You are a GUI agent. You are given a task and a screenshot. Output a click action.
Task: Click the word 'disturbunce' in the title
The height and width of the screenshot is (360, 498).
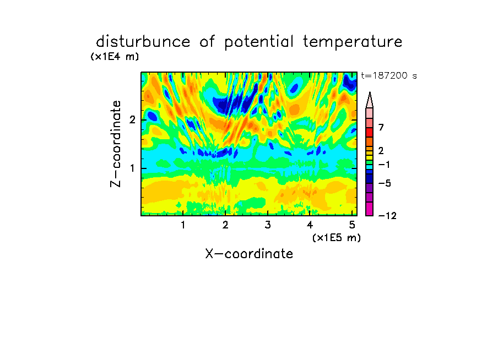(143, 42)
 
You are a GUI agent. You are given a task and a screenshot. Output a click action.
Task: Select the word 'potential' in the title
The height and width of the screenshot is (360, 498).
(259, 42)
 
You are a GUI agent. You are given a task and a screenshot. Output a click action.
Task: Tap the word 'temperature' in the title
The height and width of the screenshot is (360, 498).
(353, 42)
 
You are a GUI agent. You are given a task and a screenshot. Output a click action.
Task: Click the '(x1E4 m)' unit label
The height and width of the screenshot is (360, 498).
(115, 57)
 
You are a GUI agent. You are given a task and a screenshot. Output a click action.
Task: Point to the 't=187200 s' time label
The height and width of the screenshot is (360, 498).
(389, 75)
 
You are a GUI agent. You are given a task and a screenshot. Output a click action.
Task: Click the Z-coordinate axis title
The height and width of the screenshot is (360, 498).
(116, 144)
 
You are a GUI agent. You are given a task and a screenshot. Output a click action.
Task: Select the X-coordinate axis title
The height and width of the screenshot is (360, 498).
(249, 254)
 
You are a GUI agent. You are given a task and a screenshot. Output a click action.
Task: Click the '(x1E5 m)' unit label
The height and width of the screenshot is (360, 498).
(337, 238)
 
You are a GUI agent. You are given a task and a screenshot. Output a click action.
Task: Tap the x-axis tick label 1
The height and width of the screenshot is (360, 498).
(183, 225)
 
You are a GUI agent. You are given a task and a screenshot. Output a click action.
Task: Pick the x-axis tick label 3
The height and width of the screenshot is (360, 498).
(268, 225)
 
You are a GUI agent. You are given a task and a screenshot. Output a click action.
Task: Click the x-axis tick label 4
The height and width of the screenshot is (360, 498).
(310, 225)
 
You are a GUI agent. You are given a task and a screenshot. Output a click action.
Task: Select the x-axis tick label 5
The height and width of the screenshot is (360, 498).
(352, 225)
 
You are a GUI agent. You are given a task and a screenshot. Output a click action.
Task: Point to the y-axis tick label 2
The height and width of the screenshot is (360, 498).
(132, 120)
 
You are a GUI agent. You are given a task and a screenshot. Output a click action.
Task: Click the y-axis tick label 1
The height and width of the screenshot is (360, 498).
(132, 168)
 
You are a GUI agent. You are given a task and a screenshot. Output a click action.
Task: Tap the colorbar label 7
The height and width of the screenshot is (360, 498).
(381, 128)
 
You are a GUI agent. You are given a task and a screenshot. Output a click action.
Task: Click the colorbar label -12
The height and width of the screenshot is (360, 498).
(387, 216)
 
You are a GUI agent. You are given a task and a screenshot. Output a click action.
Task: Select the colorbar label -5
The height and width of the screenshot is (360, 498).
(385, 183)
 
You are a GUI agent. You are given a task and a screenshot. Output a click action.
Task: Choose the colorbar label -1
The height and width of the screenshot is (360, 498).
(384, 165)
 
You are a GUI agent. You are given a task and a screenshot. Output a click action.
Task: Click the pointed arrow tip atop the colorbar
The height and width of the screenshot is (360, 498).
(370, 92)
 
